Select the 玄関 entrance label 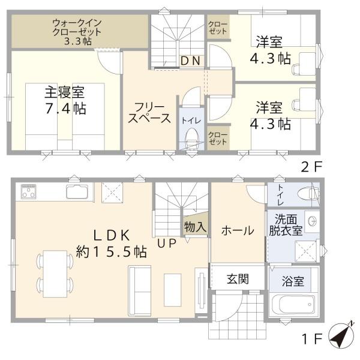pos(237,279)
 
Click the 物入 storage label pos(195,227)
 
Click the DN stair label pos(190,61)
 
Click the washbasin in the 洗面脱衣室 pos(311,220)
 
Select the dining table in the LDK pos(55,271)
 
